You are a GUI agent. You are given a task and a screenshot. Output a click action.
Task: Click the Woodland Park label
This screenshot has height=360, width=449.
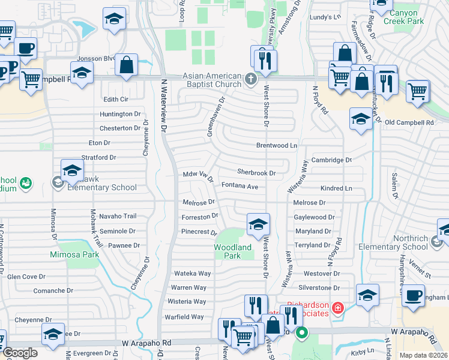pos(233,251)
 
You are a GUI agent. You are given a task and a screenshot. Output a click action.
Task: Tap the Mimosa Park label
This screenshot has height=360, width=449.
pos(74,254)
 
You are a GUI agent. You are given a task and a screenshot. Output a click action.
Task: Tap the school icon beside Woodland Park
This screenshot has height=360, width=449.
pos(258,225)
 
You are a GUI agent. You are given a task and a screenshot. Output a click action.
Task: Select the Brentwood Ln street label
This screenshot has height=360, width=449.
pos(277,146)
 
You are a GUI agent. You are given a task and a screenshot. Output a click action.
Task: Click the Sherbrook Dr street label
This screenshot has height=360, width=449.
pos(256,173)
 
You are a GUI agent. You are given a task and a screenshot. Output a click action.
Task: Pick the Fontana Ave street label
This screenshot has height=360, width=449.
pos(240,187)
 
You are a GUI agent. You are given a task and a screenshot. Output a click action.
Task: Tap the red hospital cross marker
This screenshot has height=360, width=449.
pos(339,308)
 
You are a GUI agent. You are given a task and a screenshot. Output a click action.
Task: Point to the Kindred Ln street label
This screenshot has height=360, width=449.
pos(336,188)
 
